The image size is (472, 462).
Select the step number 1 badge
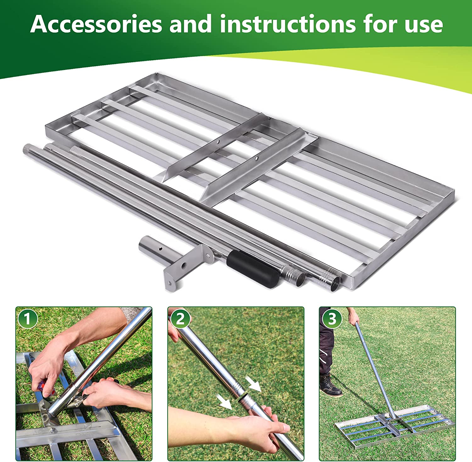[x=27, y=318]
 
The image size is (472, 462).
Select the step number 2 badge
[x=180, y=318]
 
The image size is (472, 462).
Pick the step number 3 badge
[x=332, y=318]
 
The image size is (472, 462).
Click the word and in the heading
[x=190, y=24]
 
